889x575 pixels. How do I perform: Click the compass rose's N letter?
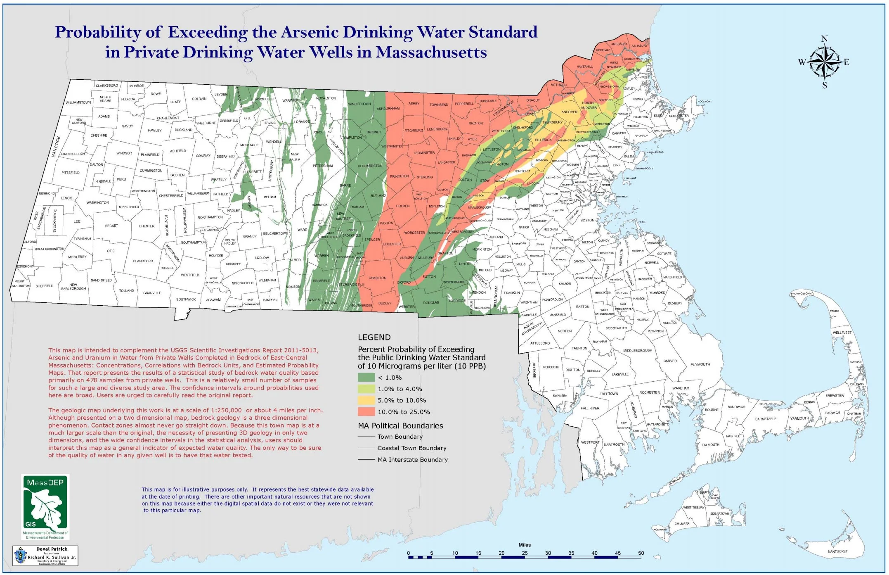click(824, 38)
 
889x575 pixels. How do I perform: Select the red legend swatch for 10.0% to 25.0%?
click(366, 411)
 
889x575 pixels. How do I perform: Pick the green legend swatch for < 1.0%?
click(366, 377)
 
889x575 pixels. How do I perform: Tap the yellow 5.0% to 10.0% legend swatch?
click(366, 400)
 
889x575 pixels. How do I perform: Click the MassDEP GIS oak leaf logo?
click(45, 506)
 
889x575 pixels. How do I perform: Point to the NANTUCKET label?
click(837, 551)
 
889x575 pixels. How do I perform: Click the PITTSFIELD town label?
click(71, 173)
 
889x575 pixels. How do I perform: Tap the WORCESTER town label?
click(414, 233)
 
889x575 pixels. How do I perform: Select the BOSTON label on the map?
click(587, 220)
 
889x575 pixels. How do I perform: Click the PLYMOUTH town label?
click(700, 364)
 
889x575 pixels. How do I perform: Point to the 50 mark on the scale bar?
click(641, 553)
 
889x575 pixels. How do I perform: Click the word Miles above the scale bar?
click(525, 545)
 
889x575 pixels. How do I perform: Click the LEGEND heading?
click(374, 337)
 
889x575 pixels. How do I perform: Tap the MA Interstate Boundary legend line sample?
click(366, 459)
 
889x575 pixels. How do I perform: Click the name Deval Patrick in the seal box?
click(52, 549)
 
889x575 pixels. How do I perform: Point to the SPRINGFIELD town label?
click(242, 283)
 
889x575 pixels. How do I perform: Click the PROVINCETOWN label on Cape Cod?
click(801, 294)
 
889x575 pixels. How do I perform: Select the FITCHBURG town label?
click(414, 131)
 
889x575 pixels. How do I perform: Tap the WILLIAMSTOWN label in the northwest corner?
click(78, 102)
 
